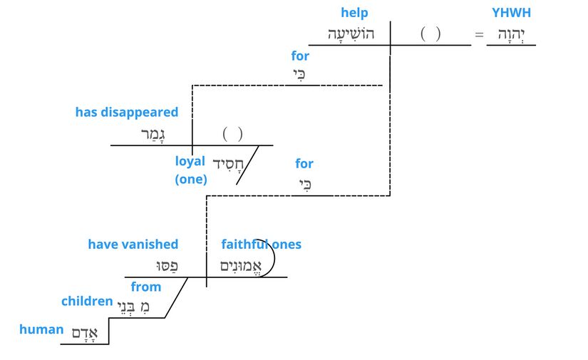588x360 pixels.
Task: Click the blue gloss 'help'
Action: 354,13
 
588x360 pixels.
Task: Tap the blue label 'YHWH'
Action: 511,13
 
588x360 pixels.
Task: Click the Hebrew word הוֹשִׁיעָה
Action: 351,34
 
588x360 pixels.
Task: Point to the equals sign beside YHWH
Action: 479,34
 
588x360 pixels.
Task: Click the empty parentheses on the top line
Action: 430,34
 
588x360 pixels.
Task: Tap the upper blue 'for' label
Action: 300,56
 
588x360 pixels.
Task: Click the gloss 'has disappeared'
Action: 127,113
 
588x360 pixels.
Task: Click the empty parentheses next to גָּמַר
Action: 232,133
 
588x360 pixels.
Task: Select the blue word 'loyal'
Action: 190,161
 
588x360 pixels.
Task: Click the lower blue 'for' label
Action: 304,164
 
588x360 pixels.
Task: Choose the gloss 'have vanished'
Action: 133,245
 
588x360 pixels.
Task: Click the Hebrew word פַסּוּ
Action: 167,266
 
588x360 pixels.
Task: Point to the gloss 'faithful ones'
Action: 261,245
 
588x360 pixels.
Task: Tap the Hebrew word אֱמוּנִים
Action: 242,266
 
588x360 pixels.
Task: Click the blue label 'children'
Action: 87,301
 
